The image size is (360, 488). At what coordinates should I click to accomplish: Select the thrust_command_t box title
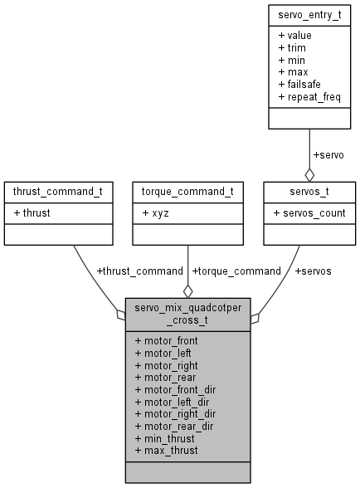pos(58,192)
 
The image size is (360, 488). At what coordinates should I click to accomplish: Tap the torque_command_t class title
pos(188,192)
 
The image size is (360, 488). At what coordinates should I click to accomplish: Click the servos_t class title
pos(309,192)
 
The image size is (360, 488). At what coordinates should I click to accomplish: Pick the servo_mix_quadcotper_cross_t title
pos(188,315)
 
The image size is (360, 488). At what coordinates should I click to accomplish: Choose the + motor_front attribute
pos(166,340)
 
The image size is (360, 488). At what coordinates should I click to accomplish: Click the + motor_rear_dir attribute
pos(175,426)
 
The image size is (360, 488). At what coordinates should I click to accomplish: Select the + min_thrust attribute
pos(166,438)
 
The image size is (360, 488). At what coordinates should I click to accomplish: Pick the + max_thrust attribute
pos(168,450)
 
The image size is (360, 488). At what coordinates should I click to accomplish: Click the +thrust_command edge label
pos(139,271)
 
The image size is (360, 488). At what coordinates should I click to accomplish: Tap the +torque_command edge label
pos(236,271)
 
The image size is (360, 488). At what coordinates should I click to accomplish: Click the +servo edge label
pos(328,154)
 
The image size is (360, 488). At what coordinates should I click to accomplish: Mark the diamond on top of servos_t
pos(309,175)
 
